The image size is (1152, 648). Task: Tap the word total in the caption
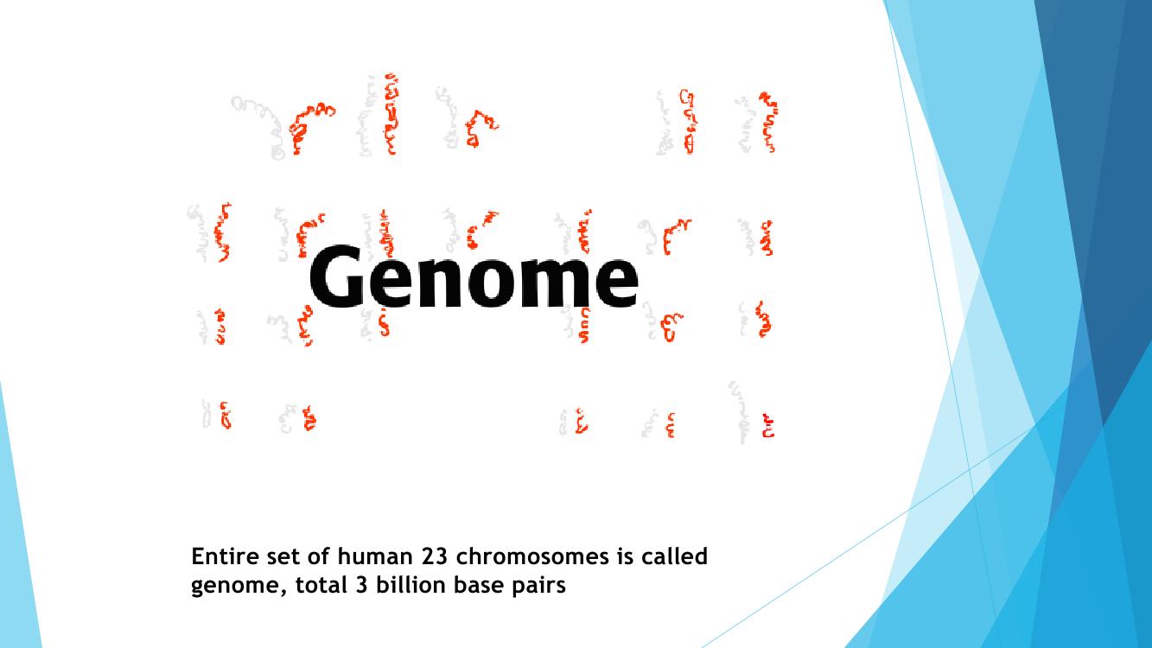point(321,585)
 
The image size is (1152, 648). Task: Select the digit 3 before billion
point(360,585)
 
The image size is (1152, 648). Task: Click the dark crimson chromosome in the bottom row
point(768,426)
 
